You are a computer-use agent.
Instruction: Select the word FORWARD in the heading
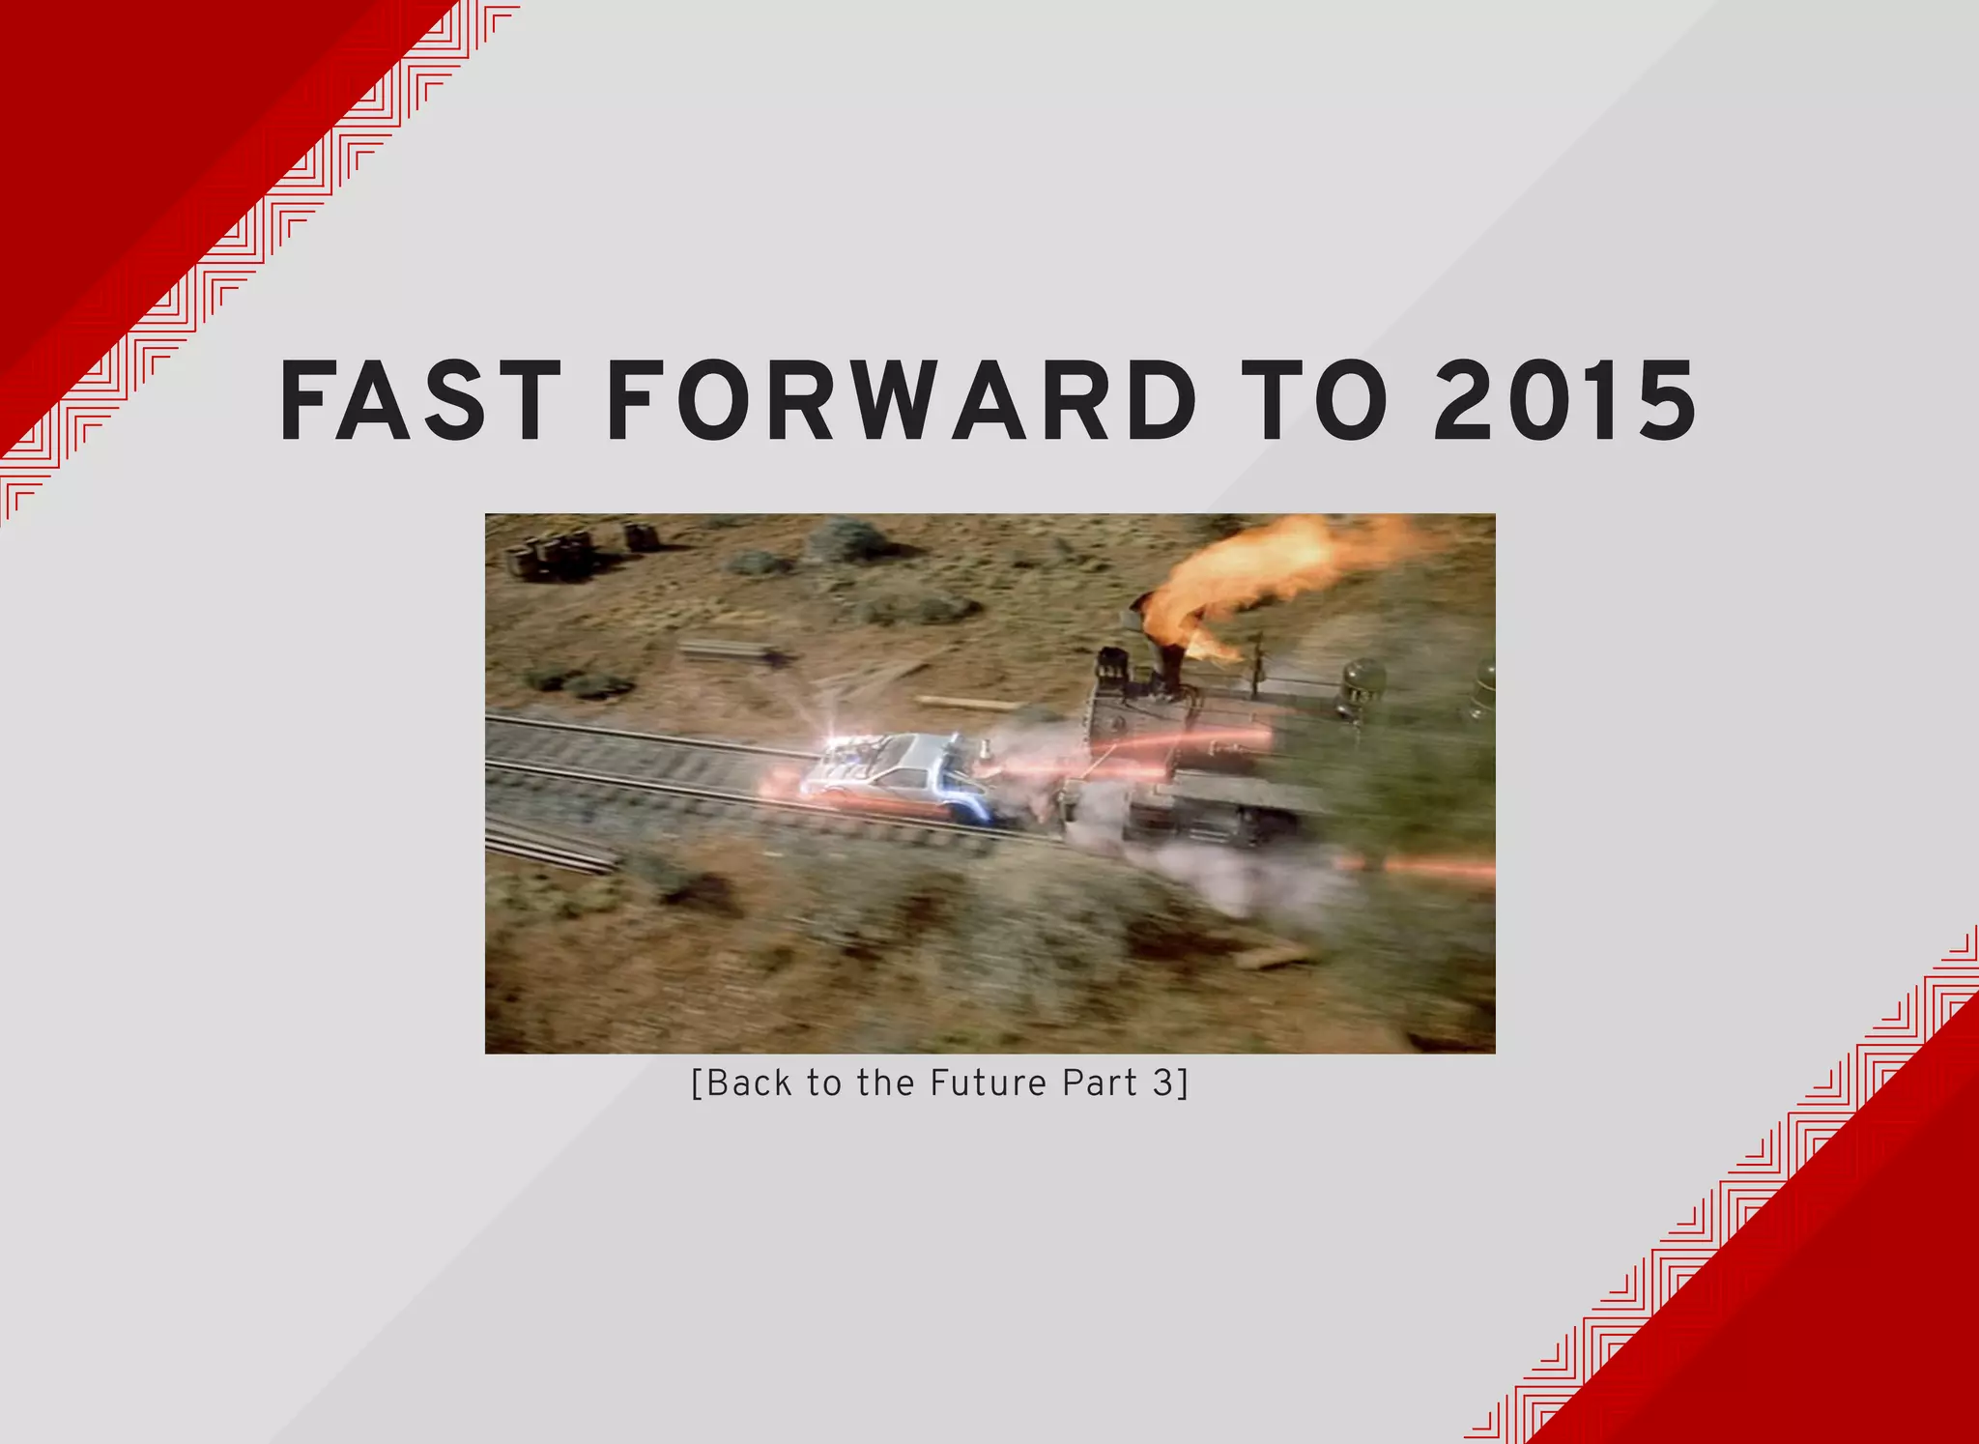pos(901,401)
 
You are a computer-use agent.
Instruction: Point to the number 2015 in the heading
pos(1564,401)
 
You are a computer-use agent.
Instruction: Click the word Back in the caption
pos(749,1083)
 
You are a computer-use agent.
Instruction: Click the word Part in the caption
pos(1100,1083)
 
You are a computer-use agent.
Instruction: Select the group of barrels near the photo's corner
pos(551,557)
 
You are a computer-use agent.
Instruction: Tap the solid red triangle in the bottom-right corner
pos(1836,1305)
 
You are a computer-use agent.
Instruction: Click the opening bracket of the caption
pos(697,1083)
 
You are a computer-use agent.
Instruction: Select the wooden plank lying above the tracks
pos(966,703)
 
